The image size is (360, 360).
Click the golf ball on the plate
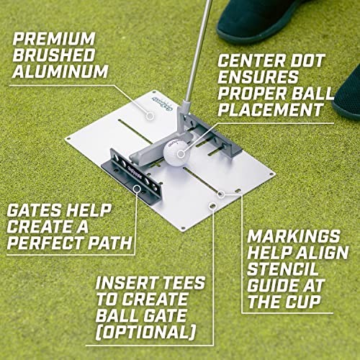click(x=176, y=153)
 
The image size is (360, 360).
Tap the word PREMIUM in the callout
click(x=54, y=39)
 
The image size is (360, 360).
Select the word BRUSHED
click(x=54, y=55)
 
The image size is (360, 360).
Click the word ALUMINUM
click(x=60, y=71)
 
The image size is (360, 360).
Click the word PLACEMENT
click(x=271, y=109)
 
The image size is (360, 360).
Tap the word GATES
click(x=34, y=210)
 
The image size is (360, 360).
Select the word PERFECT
click(x=46, y=243)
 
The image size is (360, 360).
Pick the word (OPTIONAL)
click(x=145, y=332)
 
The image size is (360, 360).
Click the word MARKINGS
click(x=294, y=236)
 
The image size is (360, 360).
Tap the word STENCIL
click(x=282, y=269)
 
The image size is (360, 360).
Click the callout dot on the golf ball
click(x=181, y=154)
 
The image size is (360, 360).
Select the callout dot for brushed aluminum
click(x=150, y=116)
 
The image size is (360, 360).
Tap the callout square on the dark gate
click(x=137, y=189)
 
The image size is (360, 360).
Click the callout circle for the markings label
click(x=221, y=194)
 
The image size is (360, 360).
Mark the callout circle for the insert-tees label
click(x=212, y=205)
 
